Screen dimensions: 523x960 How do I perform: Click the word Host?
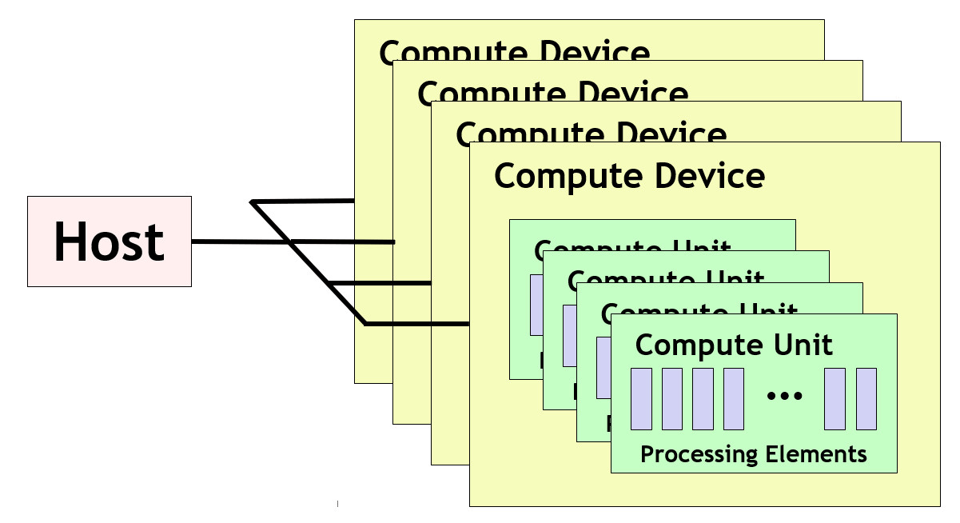[110, 242]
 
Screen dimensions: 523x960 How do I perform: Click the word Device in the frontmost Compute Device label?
[703, 175]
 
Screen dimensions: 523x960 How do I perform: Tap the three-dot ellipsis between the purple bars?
[784, 395]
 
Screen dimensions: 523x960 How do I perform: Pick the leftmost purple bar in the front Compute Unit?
[641, 398]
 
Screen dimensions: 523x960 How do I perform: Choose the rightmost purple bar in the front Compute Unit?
[866, 398]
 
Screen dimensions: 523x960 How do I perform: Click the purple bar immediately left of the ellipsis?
[734, 398]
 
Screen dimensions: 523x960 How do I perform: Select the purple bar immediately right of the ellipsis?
[835, 398]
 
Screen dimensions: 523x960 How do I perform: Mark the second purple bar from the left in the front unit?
[672, 398]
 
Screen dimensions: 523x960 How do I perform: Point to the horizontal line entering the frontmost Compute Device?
[416, 324]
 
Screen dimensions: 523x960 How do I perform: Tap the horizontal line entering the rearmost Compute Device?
[304, 201]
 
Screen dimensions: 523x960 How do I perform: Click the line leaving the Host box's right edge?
[240, 241]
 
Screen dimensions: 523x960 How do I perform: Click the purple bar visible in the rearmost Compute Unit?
[536, 304]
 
